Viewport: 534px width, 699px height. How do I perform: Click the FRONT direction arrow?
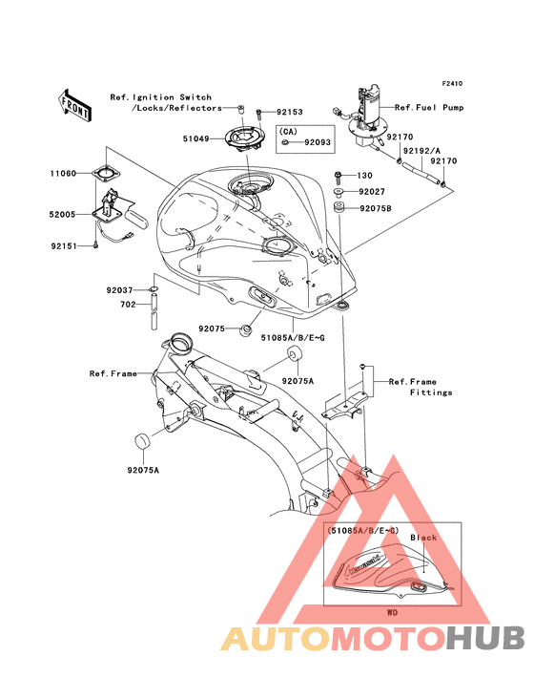point(74,105)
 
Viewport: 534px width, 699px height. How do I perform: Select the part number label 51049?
point(195,138)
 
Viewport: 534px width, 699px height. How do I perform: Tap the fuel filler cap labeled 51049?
point(243,138)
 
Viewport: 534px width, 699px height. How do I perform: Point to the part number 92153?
point(289,112)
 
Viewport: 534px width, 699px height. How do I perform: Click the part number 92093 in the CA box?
point(318,142)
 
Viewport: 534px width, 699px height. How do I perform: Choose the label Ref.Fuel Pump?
point(429,108)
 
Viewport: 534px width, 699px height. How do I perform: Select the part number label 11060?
point(63,174)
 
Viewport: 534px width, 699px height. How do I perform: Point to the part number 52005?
point(62,215)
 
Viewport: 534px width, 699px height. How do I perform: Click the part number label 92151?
point(64,245)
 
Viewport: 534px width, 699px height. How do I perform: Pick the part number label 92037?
point(120,290)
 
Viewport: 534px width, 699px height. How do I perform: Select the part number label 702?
point(128,305)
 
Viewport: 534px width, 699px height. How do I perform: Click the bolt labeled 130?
point(338,178)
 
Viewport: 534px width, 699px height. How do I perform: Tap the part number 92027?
point(372,192)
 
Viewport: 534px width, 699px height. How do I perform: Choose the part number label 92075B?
point(376,208)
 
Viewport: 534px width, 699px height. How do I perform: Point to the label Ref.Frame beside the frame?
point(113,373)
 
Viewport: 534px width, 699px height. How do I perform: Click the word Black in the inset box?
point(423,538)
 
